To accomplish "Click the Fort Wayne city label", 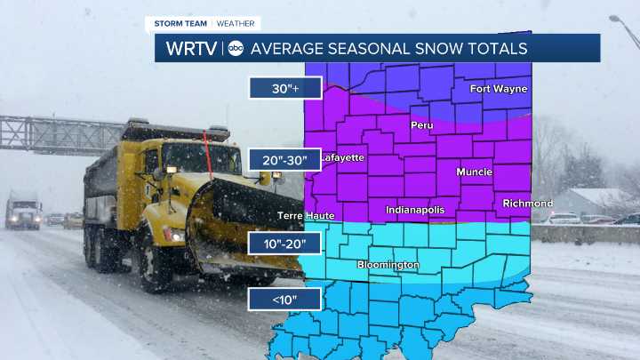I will point(499,89).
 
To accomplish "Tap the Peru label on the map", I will point(421,125).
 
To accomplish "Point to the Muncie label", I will point(474,172).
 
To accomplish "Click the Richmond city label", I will point(527,204).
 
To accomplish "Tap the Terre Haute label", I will point(307,216).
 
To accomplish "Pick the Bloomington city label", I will point(388,265).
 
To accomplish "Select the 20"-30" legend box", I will point(284,160).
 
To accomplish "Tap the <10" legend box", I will point(284,300).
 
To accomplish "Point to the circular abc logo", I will point(236,48).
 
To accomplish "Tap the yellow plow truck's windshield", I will point(199,159).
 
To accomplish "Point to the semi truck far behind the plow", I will point(23,211).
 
